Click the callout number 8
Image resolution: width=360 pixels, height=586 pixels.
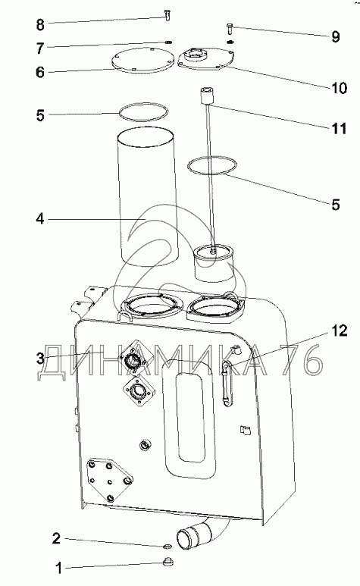pos(40,25)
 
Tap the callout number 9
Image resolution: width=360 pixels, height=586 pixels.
pos(335,36)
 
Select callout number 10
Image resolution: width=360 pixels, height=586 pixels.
pos(339,88)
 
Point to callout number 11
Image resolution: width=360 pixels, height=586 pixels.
pos(339,128)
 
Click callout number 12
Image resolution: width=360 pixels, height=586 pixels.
pos(339,331)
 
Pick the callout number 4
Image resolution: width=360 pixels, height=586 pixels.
pos(40,218)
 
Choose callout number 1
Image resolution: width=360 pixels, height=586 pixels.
pos(58,569)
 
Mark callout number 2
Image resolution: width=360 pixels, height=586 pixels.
pos(56,538)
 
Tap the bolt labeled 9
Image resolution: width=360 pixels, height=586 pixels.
pos(230,28)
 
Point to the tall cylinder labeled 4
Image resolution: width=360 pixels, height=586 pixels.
pos(146,197)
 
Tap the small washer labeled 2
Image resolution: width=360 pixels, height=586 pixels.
pos(167,547)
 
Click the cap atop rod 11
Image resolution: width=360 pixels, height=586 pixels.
pos(206,96)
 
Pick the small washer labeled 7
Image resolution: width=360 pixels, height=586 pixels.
pos(169,42)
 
